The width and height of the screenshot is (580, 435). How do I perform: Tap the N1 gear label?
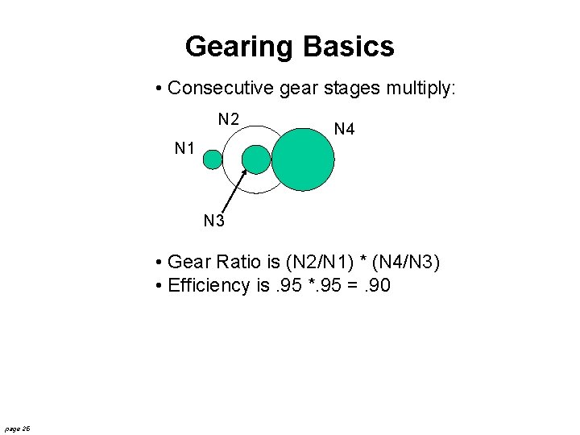(186, 147)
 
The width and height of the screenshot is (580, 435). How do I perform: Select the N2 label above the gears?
(229, 119)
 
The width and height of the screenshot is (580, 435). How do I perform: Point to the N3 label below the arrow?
(213, 220)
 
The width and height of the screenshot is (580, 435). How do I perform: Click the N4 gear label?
(344, 129)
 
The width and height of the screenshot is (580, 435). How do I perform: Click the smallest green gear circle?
(212, 159)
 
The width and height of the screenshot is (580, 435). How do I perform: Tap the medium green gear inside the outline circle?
(256, 159)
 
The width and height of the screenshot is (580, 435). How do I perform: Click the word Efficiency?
(209, 286)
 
